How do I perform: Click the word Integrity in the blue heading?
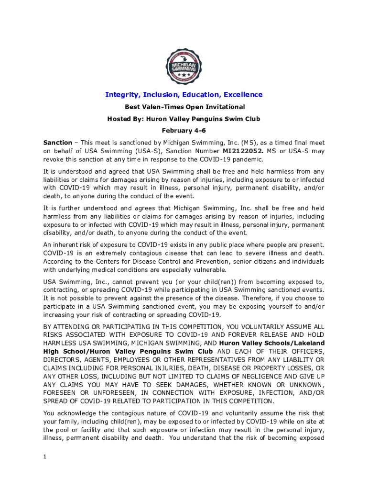pos(122,95)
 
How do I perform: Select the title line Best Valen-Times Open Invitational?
pos(184,107)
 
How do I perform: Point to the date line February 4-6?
pos(184,131)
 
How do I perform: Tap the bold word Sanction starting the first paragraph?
pos(57,143)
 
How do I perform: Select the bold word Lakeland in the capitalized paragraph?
pos(306,343)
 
